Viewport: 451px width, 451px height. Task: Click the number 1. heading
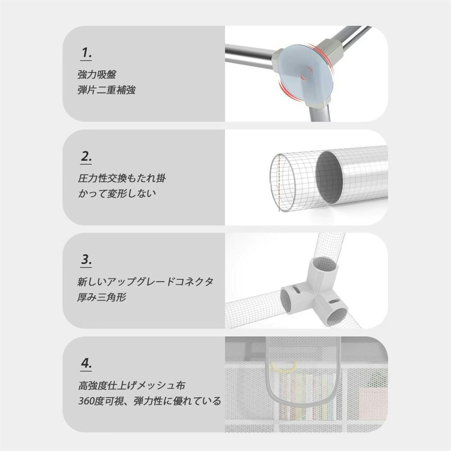click(86, 53)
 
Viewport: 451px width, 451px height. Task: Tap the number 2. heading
click(86, 157)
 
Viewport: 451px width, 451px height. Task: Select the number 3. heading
click(86, 260)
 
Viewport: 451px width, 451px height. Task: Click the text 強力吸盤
click(97, 75)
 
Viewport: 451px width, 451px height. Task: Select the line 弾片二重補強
click(106, 90)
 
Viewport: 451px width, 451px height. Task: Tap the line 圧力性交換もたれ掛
click(122, 178)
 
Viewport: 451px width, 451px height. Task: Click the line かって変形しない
click(117, 193)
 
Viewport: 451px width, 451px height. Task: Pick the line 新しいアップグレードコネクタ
click(145, 281)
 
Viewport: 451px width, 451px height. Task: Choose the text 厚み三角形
click(101, 297)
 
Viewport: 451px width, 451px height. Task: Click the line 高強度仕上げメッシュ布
click(131, 386)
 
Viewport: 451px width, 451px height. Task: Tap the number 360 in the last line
click(86, 400)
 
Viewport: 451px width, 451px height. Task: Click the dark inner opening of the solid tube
click(330, 178)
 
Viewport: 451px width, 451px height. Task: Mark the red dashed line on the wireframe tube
click(279, 183)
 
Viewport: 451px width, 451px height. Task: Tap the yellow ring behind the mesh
click(283, 368)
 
